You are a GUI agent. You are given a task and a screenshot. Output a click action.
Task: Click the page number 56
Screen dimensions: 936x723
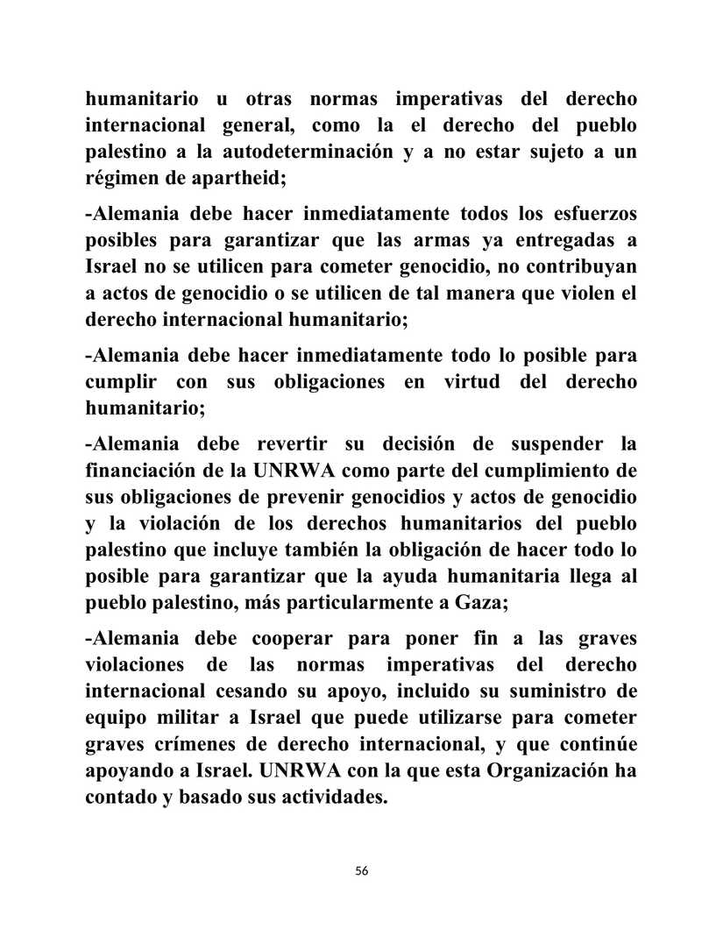click(x=362, y=870)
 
